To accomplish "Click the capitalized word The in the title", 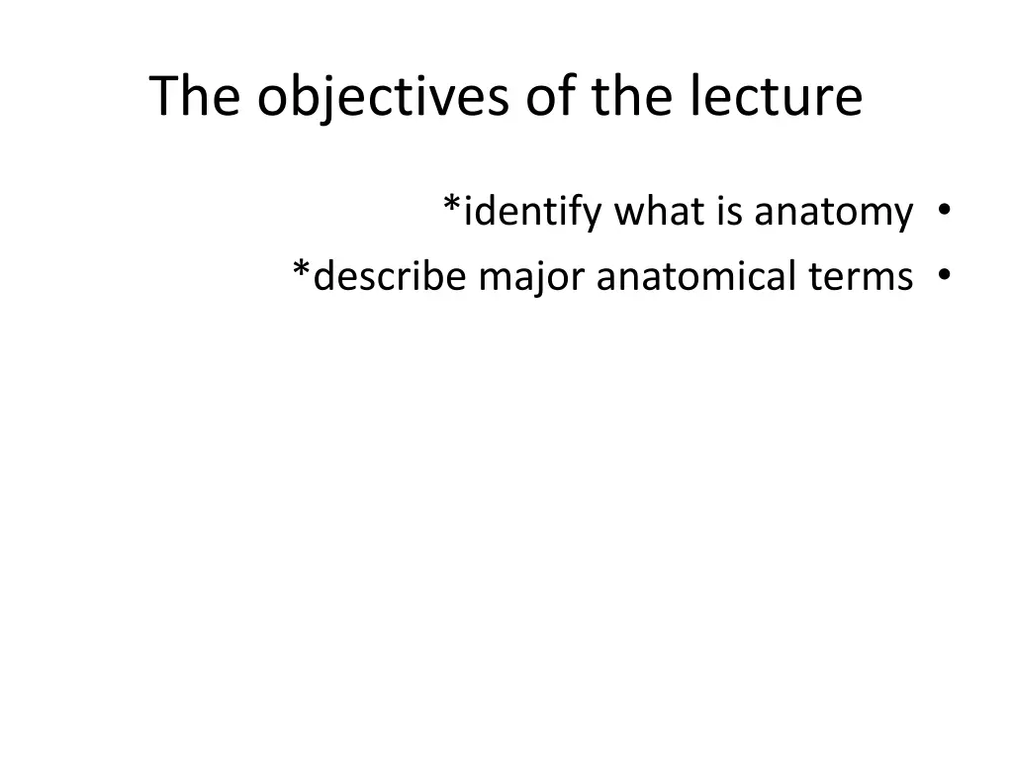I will [x=195, y=97].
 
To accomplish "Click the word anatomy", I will [x=834, y=213].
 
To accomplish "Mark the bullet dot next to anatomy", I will [x=946, y=210].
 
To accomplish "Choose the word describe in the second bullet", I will [x=390, y=276].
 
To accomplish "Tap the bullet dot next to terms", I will [x=946, y=275].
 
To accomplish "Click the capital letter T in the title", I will [x=164, y=97].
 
